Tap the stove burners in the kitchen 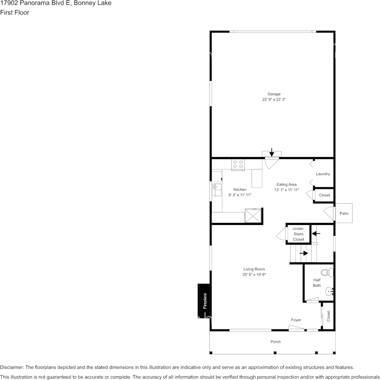238,164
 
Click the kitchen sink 216,190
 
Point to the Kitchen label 240,190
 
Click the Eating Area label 286,184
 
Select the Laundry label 323,174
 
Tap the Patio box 344,214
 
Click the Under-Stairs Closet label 298,234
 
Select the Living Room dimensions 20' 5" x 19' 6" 254,275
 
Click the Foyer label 296,320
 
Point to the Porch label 276,342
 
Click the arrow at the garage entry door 272,152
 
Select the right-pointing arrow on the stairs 304,253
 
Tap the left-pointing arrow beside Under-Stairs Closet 316,233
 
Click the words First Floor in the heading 14,12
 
